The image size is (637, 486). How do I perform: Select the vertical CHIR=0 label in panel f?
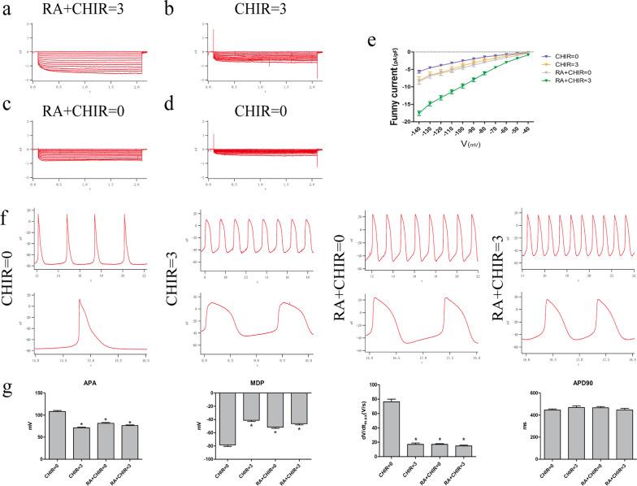[x=12, y=293]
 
